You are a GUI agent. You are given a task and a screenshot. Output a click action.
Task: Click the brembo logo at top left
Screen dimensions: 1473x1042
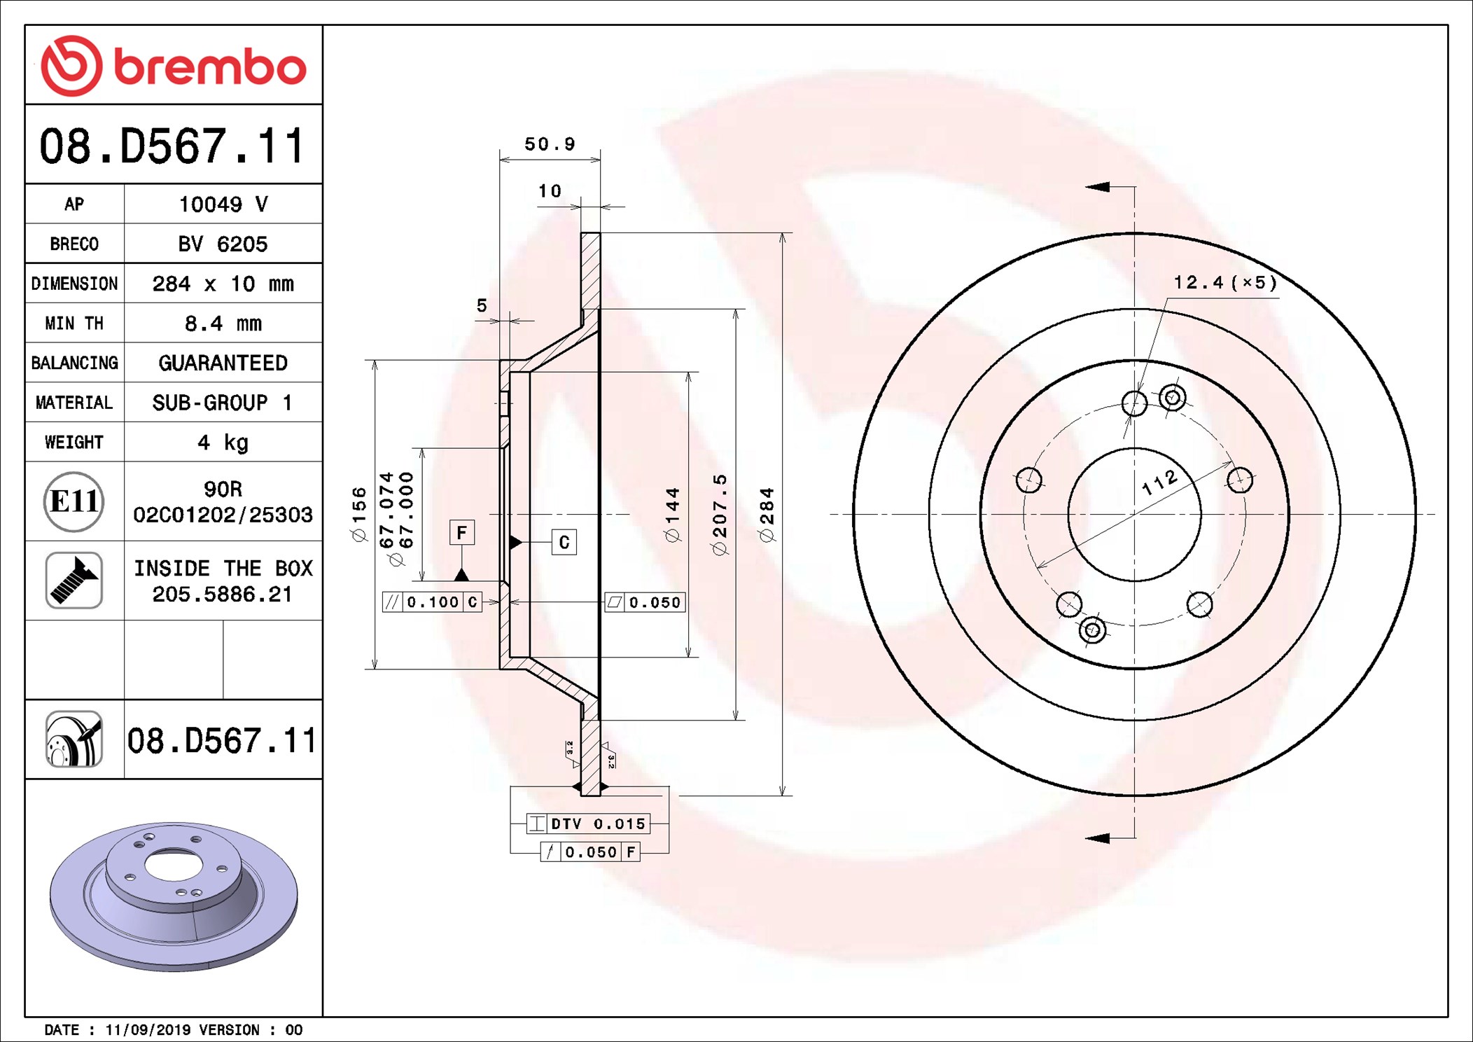(174, 66)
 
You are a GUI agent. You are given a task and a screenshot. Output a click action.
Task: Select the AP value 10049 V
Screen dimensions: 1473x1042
(223, 204)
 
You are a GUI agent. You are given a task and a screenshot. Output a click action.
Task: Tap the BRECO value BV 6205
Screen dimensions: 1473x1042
(223, 244)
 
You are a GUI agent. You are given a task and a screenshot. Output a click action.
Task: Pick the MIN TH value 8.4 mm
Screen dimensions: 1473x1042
(223, 324)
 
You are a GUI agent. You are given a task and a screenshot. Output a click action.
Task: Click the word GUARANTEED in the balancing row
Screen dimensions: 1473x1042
(223, 363)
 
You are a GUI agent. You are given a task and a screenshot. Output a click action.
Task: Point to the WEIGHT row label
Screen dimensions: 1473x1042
(74, 443)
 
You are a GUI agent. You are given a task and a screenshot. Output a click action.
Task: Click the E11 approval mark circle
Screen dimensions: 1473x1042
(74, 501)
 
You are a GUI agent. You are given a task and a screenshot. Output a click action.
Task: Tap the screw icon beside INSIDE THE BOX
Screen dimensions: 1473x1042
(74, 581)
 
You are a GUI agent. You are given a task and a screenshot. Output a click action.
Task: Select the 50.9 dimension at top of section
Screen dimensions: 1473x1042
(550, 144)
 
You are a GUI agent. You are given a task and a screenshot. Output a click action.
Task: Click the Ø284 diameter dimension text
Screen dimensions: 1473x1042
(767, 515)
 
